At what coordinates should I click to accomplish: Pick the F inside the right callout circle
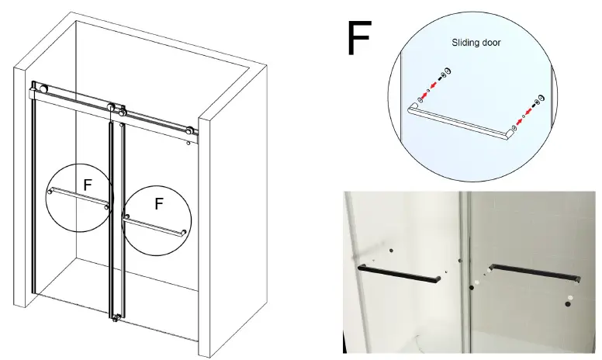coord(158,204)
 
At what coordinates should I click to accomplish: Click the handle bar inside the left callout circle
coord(78,199)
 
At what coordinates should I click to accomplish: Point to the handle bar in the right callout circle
coord(153,227)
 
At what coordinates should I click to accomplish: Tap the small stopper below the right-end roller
coord(188,143)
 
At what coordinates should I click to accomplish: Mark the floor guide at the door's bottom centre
coord(116,317)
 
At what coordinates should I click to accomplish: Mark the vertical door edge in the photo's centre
coord(463,272)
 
